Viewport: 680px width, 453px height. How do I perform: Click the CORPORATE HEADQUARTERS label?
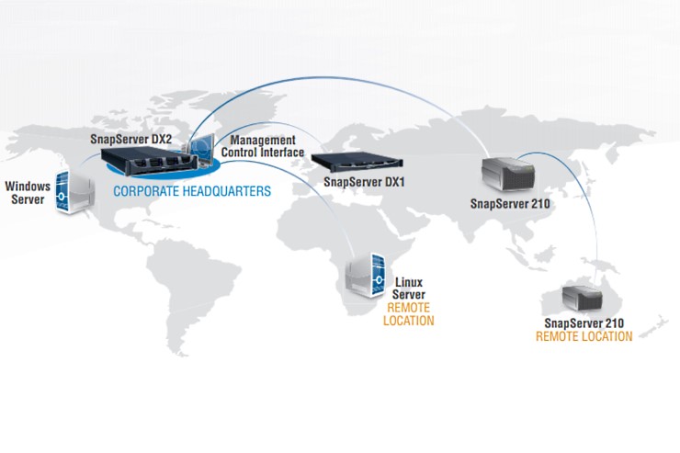(x=191, y=192)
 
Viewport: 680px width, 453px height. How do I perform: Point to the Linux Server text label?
(x=409, y=288)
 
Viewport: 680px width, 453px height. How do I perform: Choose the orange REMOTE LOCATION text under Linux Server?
(x=410, y=314)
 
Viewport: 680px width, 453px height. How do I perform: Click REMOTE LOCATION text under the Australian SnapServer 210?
(x=584, y=337)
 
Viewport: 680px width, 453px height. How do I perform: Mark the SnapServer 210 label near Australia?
(x=584, y=323)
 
